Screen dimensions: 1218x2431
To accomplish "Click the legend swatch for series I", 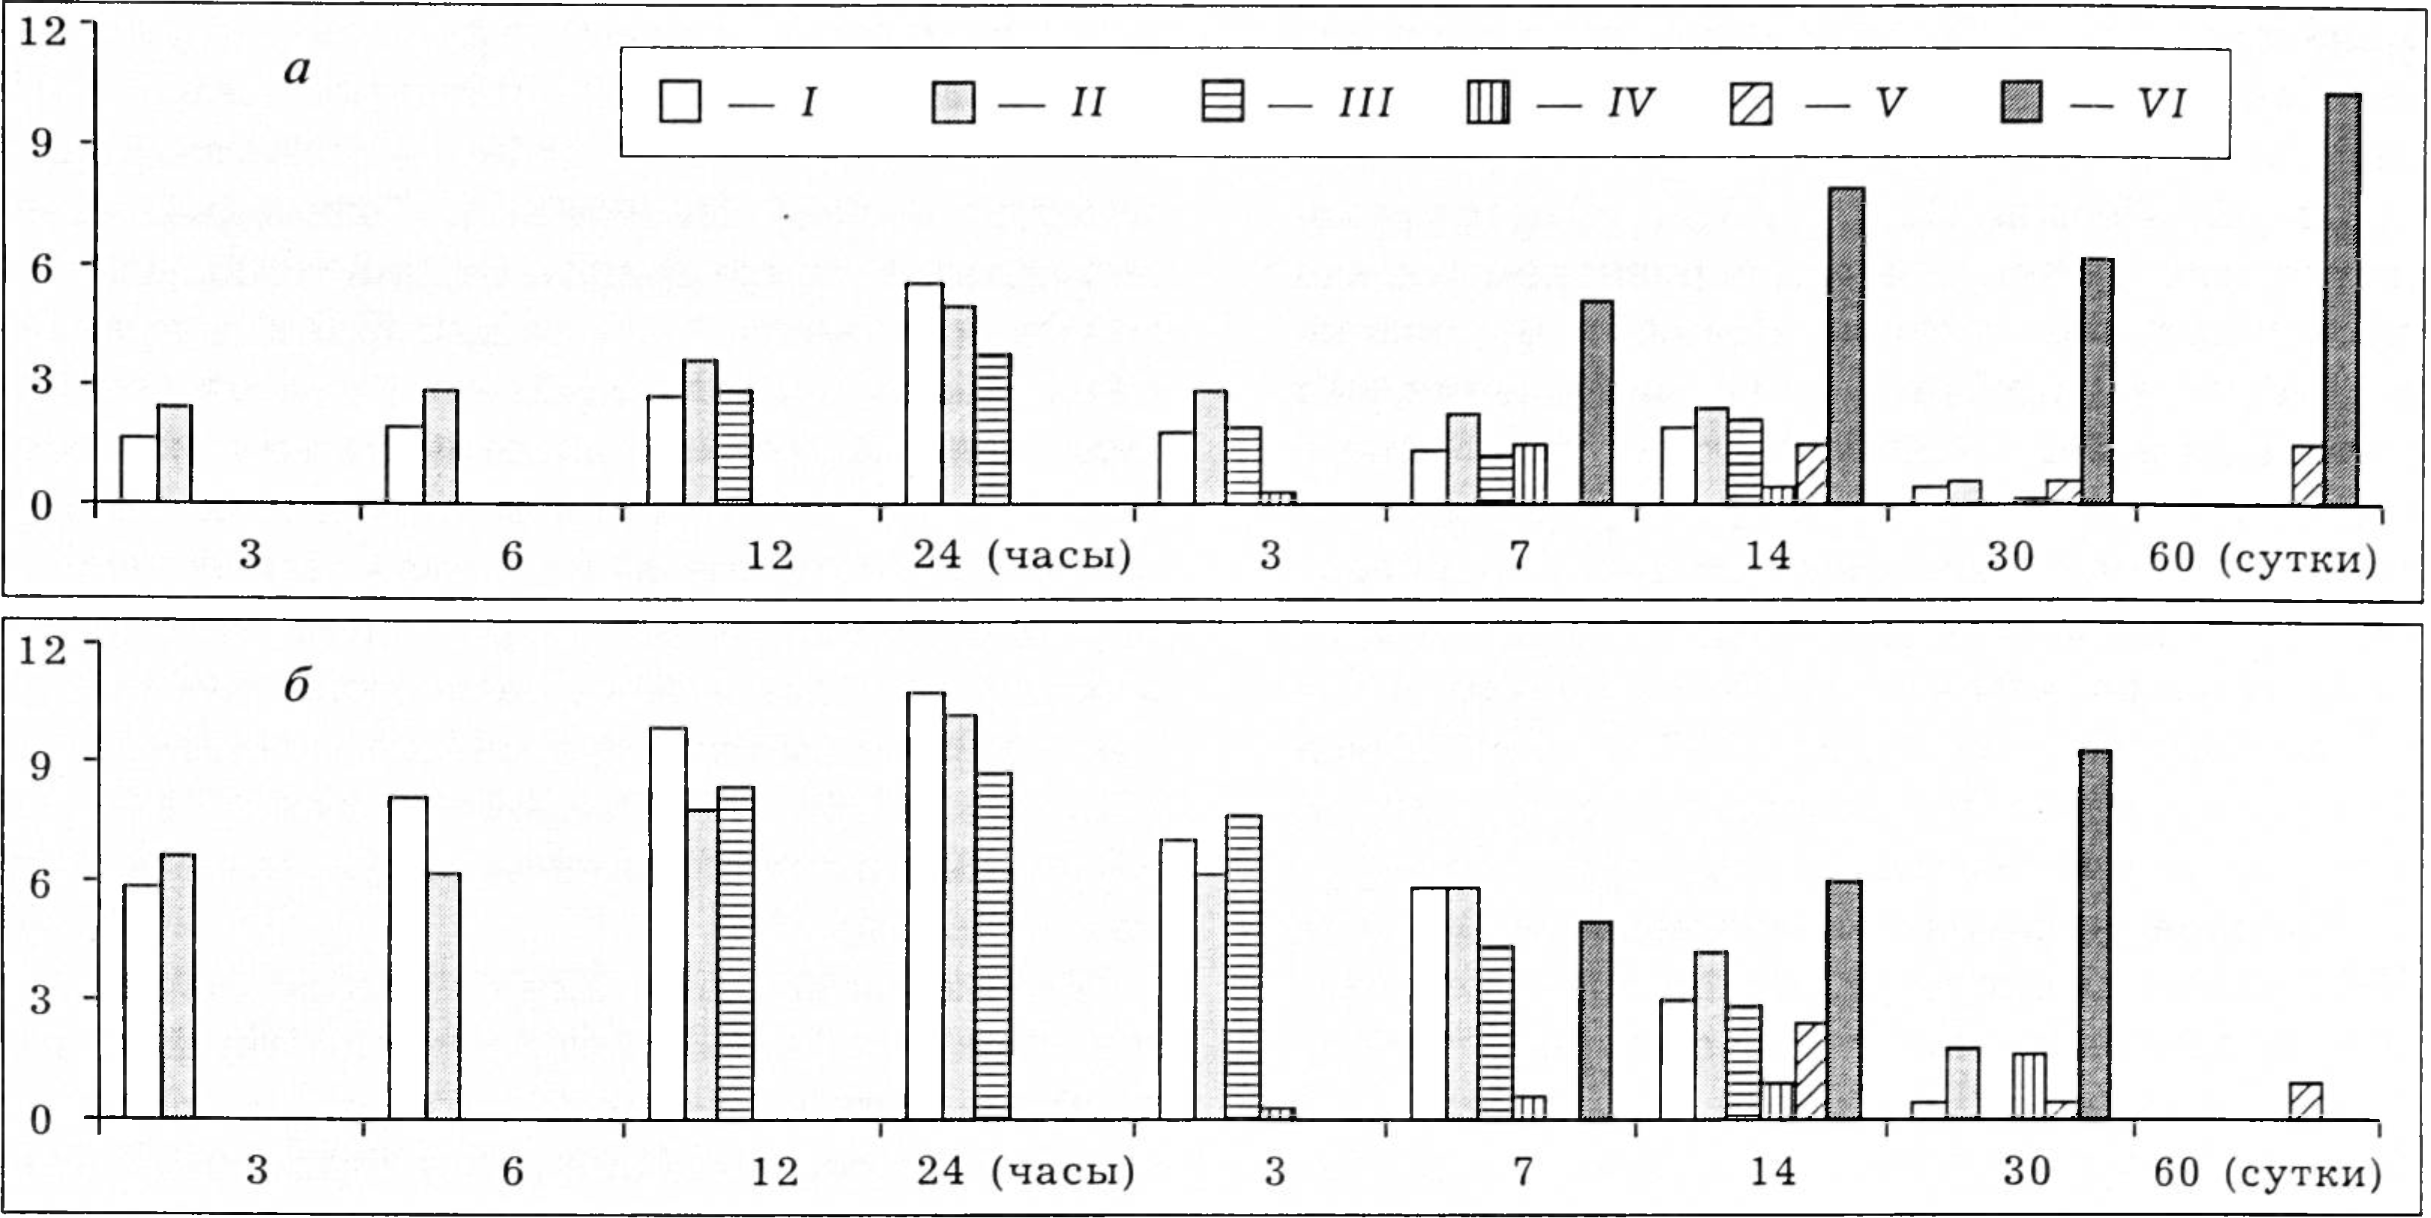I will pyautogui.click(x=680, y=102).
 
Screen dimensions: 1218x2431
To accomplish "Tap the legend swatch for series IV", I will pyautogui.click(x=1488, y=102).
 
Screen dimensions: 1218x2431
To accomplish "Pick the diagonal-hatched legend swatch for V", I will pyautogui.click(x=1751, y=103).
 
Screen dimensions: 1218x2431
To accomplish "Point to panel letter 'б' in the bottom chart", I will pyautogui.click(x=296, y=685).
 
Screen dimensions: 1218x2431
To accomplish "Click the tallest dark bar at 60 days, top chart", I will pyautogui.click(x=2343, y=298).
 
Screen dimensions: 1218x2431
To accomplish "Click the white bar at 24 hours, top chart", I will pyautogui.click(x=924, y=393).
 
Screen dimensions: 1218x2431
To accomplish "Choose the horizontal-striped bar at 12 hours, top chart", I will pyautogui.click(x=734, y=445).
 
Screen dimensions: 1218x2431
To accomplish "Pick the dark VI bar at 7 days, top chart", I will pyautogui.click(x=1597, y=401).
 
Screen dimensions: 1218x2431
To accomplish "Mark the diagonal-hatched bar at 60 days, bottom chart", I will pyautogui.click(x=2306, y=1100).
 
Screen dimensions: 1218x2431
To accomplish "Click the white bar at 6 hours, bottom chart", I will pyautogui.click(x=408, y=958).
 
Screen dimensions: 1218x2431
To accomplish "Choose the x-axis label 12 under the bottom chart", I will pyautogui.click(x=775, y=1171).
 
